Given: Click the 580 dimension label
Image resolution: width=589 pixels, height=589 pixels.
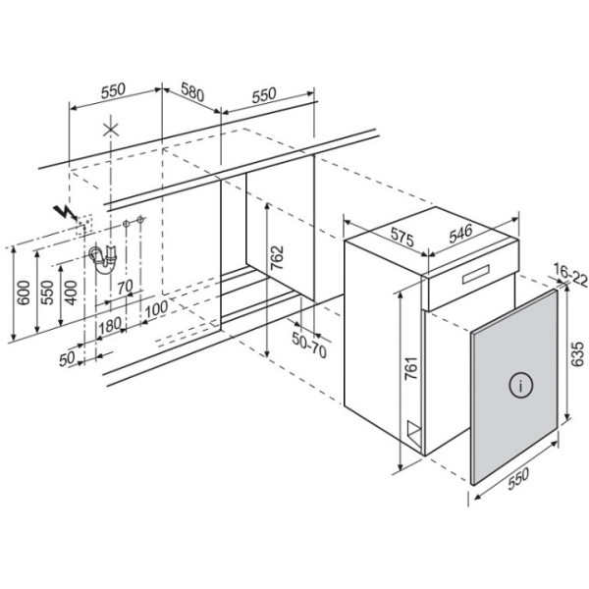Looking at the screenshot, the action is [x=192, y=92].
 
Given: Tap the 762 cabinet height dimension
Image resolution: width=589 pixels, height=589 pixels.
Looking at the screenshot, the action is [x=277, y=257].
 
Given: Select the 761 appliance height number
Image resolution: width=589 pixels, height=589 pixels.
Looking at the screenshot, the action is [x=411, y=368].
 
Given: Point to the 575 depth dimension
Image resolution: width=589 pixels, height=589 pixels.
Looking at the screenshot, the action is [x=402, y=237].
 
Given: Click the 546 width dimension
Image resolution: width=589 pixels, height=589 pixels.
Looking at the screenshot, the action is [x=460, y=234].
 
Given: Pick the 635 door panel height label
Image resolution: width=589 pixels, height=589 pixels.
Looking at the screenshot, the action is [x=577, y=353].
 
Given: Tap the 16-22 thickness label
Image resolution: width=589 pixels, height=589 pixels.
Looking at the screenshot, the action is [x=570, y=275].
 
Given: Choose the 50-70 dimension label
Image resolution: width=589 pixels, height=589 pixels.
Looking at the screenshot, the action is [x=309, y=346].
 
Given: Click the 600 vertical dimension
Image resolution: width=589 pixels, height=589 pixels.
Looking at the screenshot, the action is [x=24, y=293].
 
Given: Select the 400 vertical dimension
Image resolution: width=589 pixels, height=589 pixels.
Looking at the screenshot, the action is [x=71, y=293].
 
